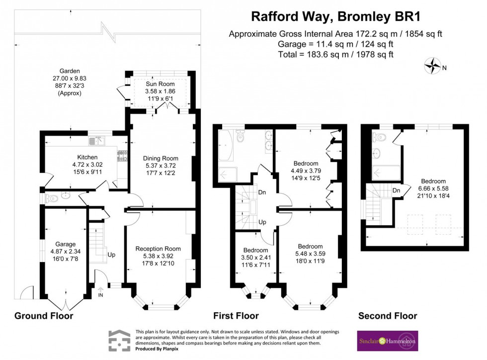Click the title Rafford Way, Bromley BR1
pyautogui.click(x=335, y=16)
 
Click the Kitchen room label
pyautogui.click(x=74, y=156)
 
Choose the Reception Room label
pyautogui.click(x=158, y=249)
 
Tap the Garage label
pyautogui.click(x=65, y=244)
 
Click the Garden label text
pyautogui.click(x=69, y=71)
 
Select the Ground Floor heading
pyautogui.click(x=44, y=316)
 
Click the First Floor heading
pyautogui.click(x=236, y=316)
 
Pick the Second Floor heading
pyautogui.click(x=387, y=316)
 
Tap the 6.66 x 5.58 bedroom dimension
pyautogui.click(x=433, y=189)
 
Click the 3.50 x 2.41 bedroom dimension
pyautogui.click(x=255, y=258)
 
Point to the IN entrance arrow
pyautogui.click(x=101, y=292)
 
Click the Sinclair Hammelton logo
pyautogui.click(x=387, y=341)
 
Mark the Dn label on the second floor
pyautogui.click(x=396, y=190)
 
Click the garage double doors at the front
pyautogui.click(x=66, y=303)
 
